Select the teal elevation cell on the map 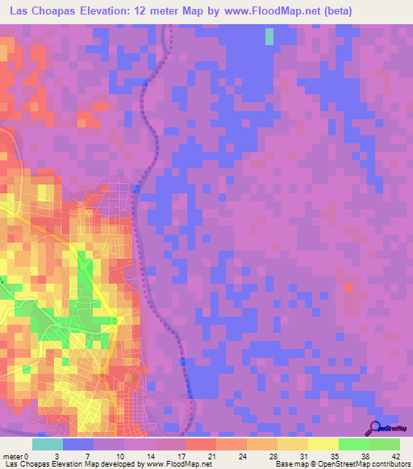[x=269, y=36]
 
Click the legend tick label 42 [x=394, y=455]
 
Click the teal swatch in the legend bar [x=48, y=444]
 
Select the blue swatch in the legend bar [x=78, y=444]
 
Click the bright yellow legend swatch [x=323, y=444]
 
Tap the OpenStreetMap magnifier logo [x=374, y=429]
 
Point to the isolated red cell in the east [x=348, y=286]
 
